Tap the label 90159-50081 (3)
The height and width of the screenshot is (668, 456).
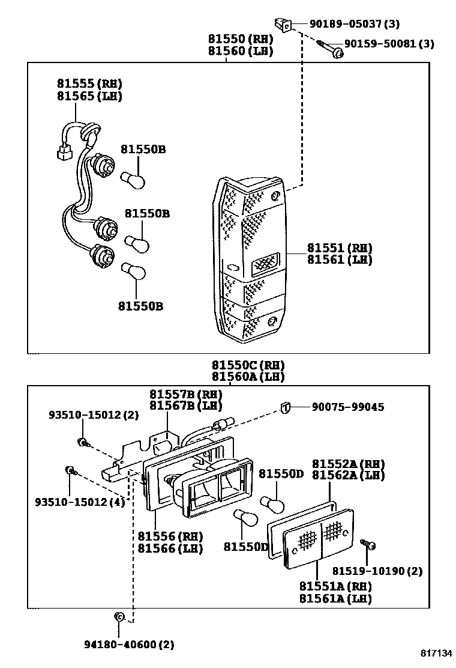click(x=389, y=44)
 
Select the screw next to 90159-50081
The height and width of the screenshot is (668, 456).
click(x=330, y=49)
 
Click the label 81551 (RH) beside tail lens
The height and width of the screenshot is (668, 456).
click(x=340, y=247)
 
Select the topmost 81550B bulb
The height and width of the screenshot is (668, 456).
click(x=131, y=178)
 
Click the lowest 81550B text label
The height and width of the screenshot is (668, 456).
click(x=140, y=306)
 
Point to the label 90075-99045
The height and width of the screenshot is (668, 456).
click(x=348, y=407)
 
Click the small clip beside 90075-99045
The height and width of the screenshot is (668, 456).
click(x=286, y=408)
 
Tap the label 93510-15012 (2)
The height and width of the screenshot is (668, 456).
click(x=94, y=414)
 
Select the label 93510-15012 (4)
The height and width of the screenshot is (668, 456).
click(x=88, y=502)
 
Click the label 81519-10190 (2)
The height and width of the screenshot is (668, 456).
click(x=377, y=571)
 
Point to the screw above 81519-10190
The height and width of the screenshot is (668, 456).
click(x=368, y=545)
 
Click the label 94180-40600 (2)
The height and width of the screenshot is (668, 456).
click(x=128, y=645)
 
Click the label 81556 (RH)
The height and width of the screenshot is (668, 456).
click(x=170, y=536)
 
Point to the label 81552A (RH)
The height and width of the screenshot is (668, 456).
click(x=348, y=464)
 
